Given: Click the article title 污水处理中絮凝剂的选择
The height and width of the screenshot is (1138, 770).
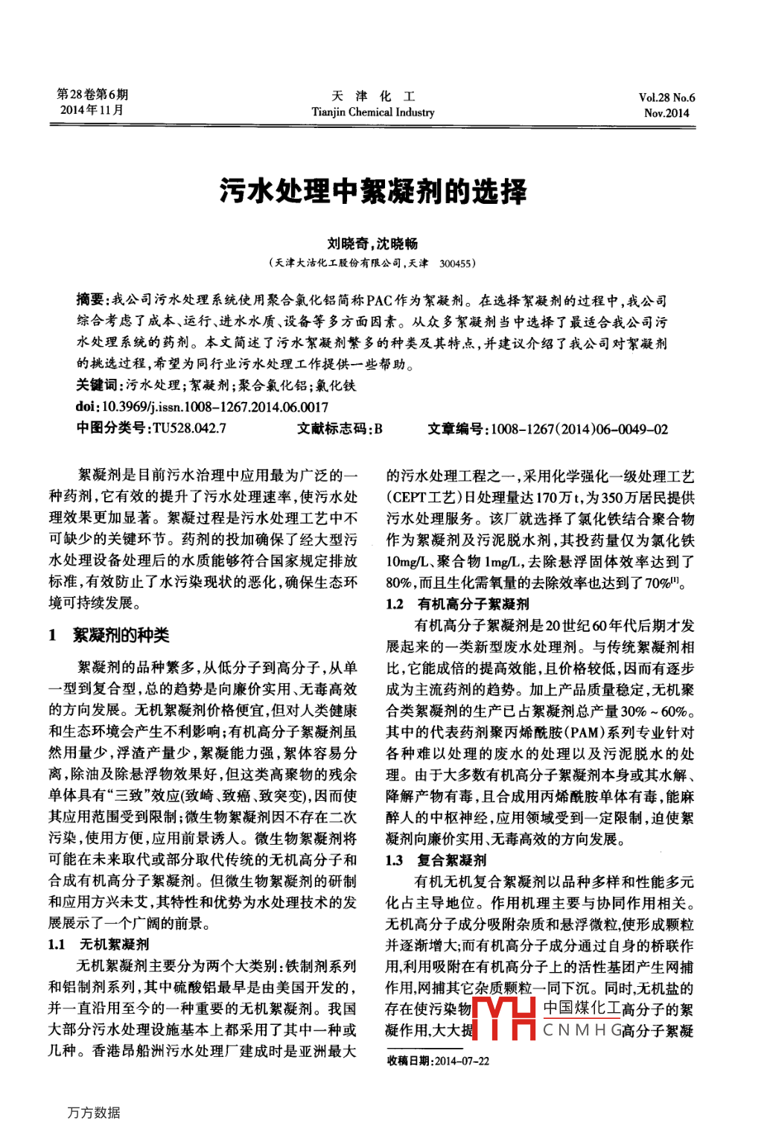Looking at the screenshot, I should click(373, 191).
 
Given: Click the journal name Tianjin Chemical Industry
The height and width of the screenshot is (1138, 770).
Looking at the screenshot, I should click(372, 112).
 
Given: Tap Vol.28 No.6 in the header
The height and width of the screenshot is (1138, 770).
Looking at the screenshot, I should click(666, 98).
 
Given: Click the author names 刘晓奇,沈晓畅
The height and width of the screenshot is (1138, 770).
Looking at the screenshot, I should click(372, 243).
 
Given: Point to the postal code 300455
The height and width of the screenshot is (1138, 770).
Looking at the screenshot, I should click(455, 263).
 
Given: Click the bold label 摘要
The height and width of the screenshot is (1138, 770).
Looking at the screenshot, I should click(91, 300).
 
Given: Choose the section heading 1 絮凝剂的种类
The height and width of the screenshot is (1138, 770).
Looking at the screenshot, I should click(109, 635).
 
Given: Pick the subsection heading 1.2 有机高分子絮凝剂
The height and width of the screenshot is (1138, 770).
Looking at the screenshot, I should click(457, 604).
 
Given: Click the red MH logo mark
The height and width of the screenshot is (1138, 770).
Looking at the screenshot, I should click(504, 1018).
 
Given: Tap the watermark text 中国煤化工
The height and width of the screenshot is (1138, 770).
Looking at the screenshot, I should click(581, 1008).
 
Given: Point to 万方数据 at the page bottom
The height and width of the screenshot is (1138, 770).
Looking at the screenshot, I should click(93, 1112).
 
